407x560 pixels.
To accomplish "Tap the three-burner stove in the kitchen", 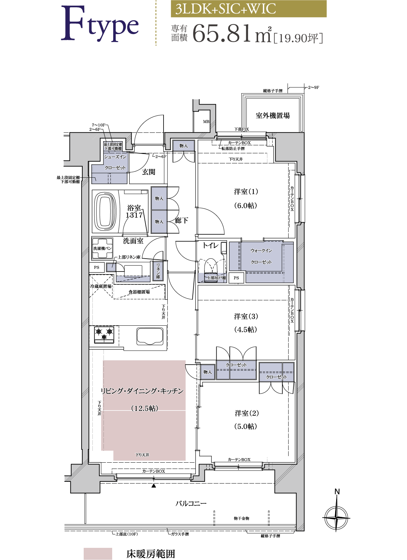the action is pos(104,335).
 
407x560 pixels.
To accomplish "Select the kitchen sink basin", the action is pos(150,336).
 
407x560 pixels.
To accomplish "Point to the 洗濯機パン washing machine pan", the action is pos(102,248).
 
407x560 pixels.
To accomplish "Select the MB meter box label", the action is pos(206,122).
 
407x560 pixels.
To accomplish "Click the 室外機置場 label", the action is pos(273,115).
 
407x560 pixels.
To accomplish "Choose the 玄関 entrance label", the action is pos(149,172).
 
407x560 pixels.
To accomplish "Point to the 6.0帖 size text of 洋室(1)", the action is pos(246,205).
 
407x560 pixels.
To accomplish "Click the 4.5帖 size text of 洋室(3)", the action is pos(246,330).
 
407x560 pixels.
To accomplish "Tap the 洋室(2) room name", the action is pos(247,413).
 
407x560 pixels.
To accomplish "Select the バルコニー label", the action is pos(191,503).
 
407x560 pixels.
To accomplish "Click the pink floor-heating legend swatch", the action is pos(98,553).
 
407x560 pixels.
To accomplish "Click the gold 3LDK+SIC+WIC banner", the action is pos(249,9).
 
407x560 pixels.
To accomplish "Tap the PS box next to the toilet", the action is pos(236,278).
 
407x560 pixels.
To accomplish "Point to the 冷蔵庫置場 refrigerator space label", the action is pos(101,286).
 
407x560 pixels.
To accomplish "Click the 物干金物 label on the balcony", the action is pos(241,518).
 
